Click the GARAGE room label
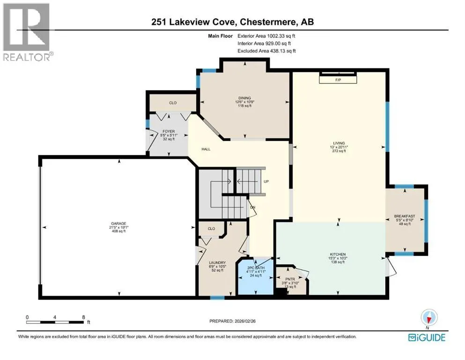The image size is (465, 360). point(118,224)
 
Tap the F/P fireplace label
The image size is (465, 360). point(338,80)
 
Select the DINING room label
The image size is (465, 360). point(244,98)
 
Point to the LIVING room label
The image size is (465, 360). point(339,143)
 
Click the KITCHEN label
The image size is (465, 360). point(338,255)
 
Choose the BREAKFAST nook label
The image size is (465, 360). point(405,216)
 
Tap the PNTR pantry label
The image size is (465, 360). point(290,279)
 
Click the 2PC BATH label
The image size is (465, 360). point(256,268)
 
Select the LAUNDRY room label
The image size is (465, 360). point(217,262)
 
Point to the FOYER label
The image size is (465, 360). point(169,131)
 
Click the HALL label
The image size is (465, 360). point(206,149)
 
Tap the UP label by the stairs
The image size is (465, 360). point(266,181)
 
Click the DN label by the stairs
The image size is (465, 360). point(253,208)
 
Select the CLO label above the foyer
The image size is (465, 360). point(173,103)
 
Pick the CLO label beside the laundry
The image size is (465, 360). point(212,229)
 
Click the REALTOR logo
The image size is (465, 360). point(27,32)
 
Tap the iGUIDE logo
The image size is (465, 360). point(427,337)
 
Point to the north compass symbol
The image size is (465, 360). point(429,318)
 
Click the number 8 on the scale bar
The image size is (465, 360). point(84,317)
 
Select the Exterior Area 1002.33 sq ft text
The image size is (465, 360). point(266,36)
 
